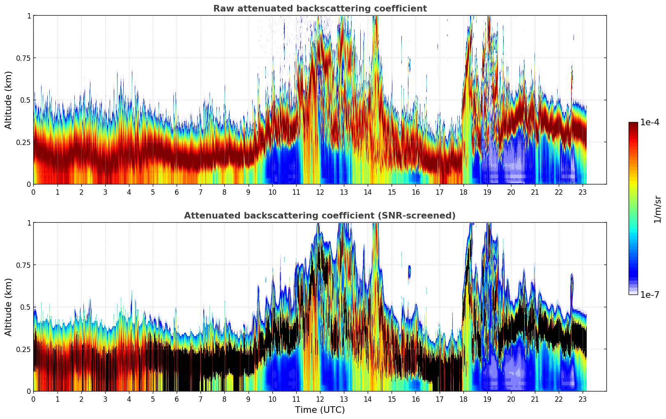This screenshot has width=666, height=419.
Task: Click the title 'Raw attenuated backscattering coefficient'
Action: (x=320, y=9)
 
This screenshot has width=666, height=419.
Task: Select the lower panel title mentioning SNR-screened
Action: (x=320, y=216)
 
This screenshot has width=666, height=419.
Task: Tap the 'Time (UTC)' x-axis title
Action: (x=320, y=410)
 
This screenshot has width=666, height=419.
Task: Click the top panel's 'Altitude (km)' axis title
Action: (x=9, y=100)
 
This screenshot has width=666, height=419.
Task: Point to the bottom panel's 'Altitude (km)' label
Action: (x=9, y=307)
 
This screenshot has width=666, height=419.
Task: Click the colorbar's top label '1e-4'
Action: (x=650, y=122)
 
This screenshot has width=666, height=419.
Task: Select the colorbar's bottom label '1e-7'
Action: (x=650, y=295)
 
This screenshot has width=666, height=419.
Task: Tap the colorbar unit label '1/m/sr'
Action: (x=657, y=209)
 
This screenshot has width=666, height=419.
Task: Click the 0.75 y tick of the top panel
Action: (x=23, y=58)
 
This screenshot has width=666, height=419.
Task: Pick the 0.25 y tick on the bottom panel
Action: (x=23, y=349)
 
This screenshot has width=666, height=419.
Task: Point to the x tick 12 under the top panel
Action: (x=320, y=192)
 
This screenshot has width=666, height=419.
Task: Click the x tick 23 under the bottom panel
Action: (x=583, y=399)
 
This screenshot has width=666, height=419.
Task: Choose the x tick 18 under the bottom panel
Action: (x=463, y=399)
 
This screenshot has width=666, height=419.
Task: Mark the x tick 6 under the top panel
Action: (x=177, y=192)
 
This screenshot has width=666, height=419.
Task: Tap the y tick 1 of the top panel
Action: (x=29, y=16)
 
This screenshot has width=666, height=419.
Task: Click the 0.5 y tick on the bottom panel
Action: (x=25, y=307)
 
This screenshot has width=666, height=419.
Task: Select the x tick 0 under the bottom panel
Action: (x=34, y=399)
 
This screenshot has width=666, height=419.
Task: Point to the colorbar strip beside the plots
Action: (x=633, y=208)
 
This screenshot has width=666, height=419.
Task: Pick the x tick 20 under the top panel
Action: (x=511, y=192)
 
